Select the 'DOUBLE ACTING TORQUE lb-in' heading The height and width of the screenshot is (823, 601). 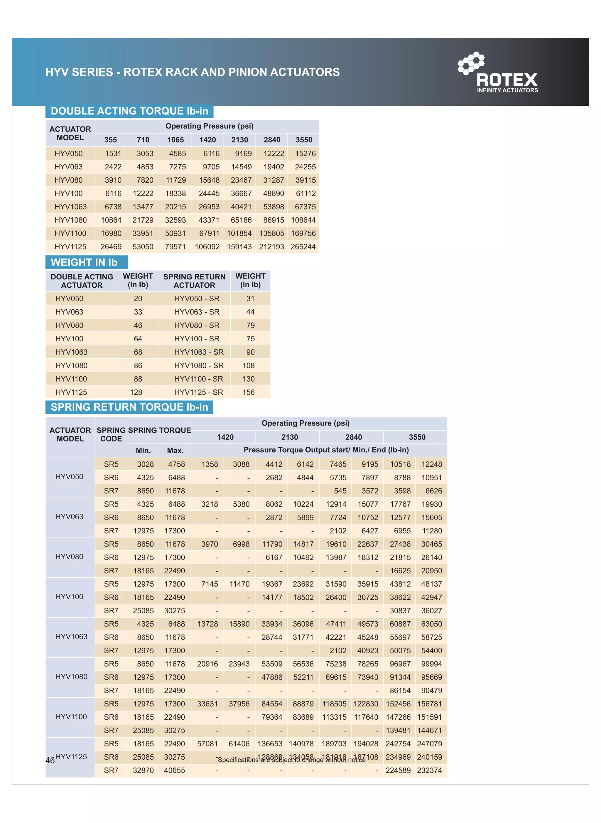(x=129, y=111)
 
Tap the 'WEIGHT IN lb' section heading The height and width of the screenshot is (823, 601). (x=84, y=262)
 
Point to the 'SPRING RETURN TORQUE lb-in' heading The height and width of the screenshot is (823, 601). (x=129, y=407)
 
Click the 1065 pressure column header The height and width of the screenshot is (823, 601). (x=175, y=140)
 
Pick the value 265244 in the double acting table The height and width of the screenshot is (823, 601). (x=303, y=247)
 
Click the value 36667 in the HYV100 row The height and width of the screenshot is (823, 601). (x=241, y=193)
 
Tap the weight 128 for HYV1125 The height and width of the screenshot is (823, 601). (x=136, y=392)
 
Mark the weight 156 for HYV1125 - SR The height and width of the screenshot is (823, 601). (x=249, y=392)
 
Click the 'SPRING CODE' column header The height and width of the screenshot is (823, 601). (x=111, y=434)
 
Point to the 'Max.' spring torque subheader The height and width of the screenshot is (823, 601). (x=175, y=451)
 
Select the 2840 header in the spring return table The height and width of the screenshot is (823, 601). (x=353, y=437)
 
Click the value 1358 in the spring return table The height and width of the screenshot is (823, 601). (x=210, y=464)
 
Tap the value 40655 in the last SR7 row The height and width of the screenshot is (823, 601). (x=174, y=770)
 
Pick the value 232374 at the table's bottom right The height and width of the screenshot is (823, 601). (x=429, y=770)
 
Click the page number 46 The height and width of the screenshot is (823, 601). (x=50, y=760)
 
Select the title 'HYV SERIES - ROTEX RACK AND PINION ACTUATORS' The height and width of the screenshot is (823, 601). (x=193, y=72)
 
